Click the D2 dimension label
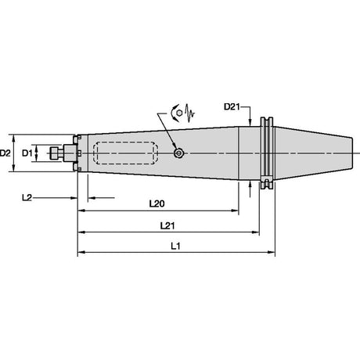5,153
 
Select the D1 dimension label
27,153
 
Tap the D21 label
232,106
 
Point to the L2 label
27,198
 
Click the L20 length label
157,203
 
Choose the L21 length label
167,225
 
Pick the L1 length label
175,246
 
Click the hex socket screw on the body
178,153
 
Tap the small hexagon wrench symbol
179,113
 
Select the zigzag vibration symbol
189,113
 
